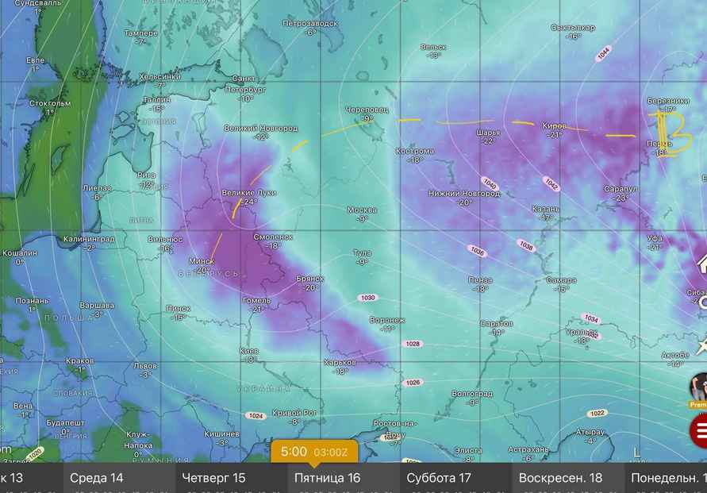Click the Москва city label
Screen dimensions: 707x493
(362, 210)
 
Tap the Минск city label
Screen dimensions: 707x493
(202, 261)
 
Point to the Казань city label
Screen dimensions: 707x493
(546, 209)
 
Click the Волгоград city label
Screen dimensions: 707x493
(471, 394)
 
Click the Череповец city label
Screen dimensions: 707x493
(367, 110)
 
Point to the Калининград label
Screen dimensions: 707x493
(90, 238)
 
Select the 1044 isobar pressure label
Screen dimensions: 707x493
(604, 53)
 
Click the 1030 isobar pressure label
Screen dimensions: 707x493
(367, 298)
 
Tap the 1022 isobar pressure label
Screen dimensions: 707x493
(597, 413)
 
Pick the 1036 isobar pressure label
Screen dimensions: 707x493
(477, 251)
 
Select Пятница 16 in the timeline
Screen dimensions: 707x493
(327, 478)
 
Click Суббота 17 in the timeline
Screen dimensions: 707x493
(439, 478)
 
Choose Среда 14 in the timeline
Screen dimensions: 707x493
(97, 478)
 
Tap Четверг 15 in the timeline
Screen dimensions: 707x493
(214, 478)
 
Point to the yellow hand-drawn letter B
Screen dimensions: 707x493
(670, 133)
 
